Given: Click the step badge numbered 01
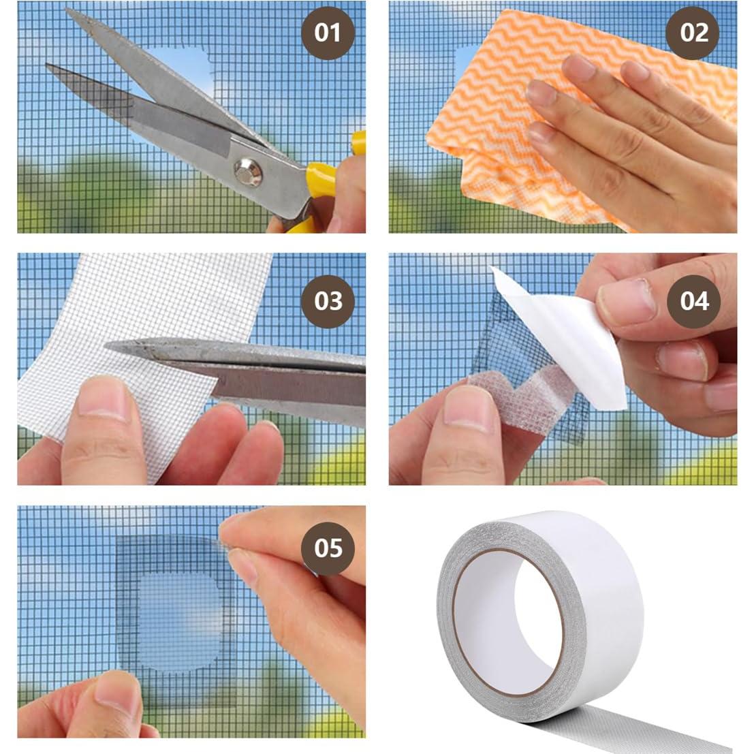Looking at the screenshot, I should (x=328, y=33).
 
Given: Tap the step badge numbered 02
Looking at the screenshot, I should (x=693, y=33).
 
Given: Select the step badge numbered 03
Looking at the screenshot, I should (x=328, y=300).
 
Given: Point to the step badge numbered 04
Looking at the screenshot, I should (x=693, y=300).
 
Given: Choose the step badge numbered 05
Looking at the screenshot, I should (x=328, y=548).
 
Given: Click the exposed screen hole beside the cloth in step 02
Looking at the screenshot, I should (x=467, y=68).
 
